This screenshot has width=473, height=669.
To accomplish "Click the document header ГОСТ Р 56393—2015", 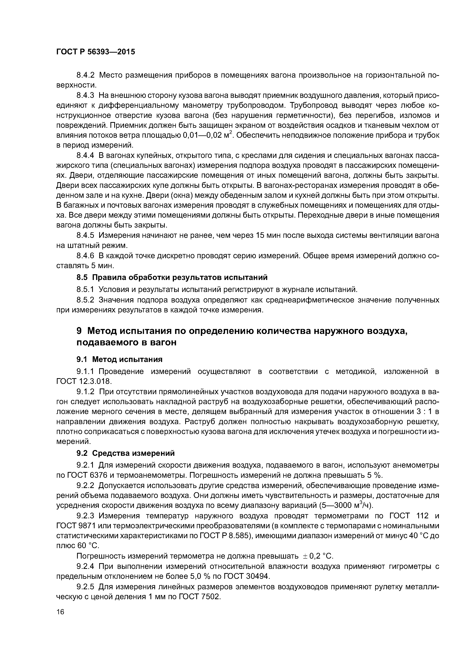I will click(96, 52).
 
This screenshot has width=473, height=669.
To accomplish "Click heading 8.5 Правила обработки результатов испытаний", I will click(172, 277).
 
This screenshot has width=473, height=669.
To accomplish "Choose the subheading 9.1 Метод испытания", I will click(119, 359).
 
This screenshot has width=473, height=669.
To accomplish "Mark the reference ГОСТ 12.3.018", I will click(84, 381).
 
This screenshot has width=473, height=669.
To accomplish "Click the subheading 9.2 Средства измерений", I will click(125, 453).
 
